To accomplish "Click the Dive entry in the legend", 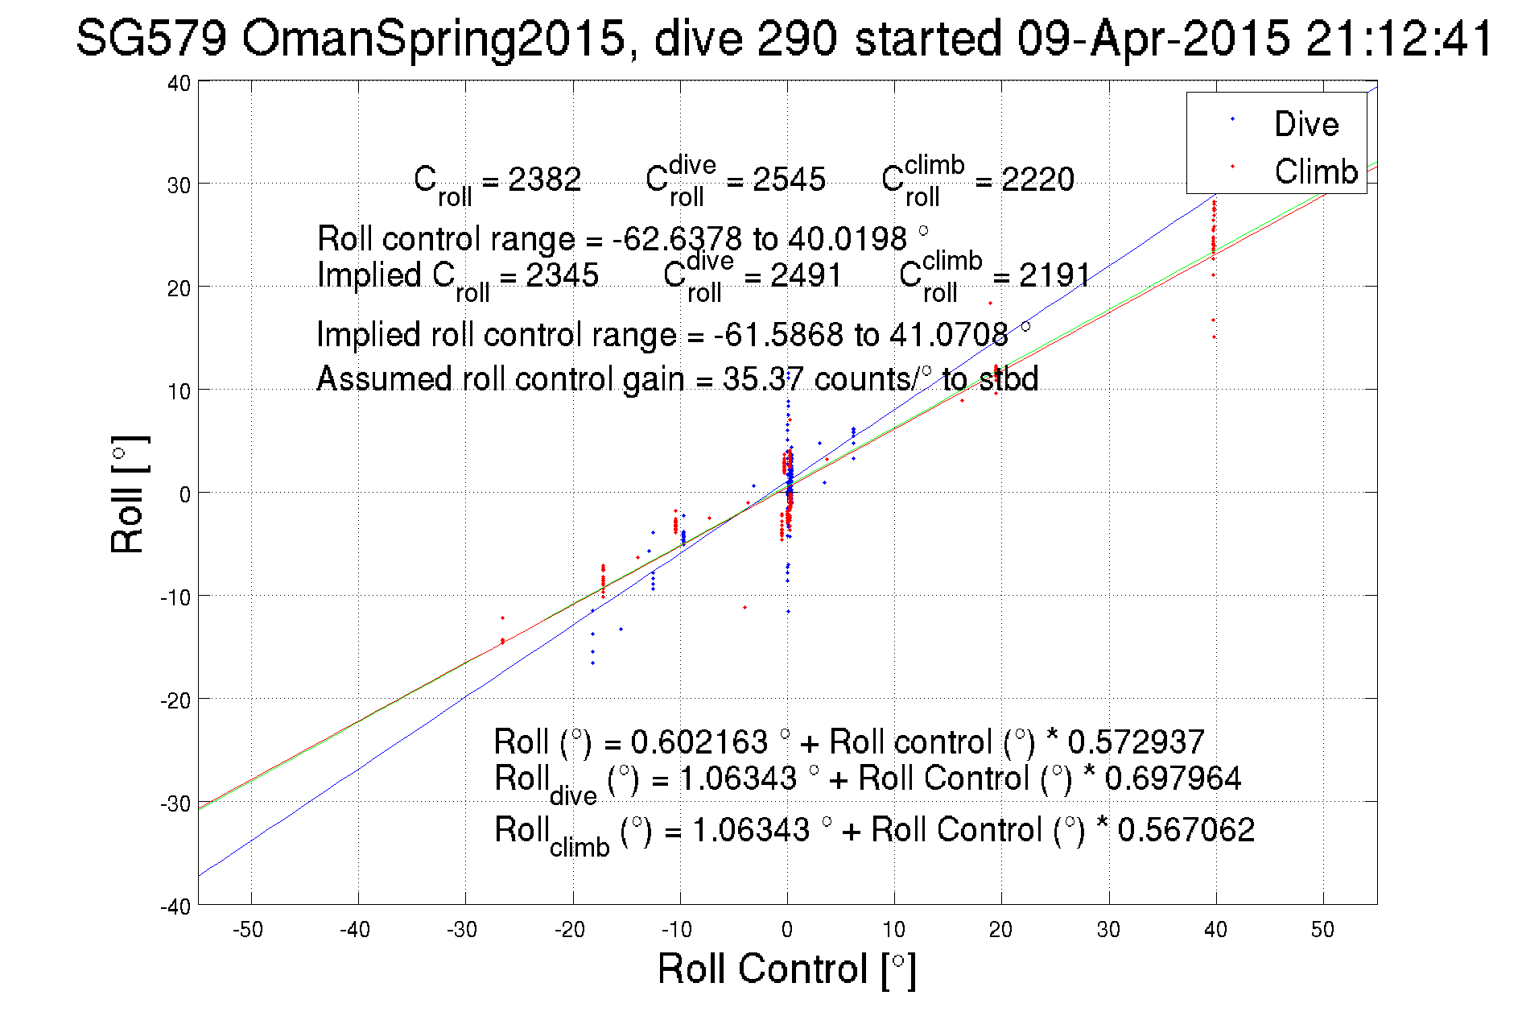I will [1305, 124].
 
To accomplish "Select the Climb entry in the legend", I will [1316, 171].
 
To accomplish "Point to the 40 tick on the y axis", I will [179, 83].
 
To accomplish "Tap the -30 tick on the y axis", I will [175, 803].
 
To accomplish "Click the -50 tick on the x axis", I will [248, 930].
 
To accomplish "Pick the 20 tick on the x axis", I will [1000, 930].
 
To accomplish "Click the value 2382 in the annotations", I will [544, 180].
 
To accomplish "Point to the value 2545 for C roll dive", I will [789, 180].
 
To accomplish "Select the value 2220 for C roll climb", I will [1037, 180].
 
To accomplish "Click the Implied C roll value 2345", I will [562, 275].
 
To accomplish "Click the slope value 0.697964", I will [1173, 779].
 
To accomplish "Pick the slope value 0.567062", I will [1186, 830].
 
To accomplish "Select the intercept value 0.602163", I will [699, 741].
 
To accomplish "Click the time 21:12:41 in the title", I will [1399, 38].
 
